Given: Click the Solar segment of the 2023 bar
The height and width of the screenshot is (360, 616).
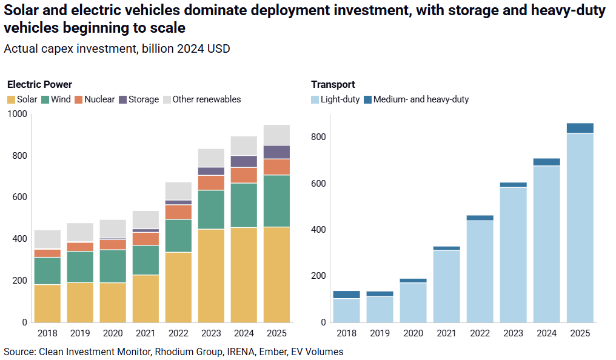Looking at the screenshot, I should click(x=212, y=275).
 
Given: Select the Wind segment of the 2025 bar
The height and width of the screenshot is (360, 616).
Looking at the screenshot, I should click(x=277, y=201).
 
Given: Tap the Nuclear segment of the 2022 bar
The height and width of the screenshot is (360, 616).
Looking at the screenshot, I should click(x=178, y=212).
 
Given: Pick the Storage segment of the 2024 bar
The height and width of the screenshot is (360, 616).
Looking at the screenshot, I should click(x=244, y=161).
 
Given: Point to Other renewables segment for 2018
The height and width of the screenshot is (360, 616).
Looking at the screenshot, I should click(x=47, y=239).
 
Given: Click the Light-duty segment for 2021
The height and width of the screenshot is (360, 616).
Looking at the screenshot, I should click(x=446, y=285).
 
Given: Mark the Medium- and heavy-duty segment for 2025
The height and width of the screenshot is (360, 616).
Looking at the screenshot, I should click(x=580, y=128).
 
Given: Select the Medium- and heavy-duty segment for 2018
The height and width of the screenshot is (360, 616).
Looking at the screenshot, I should click(x=347, y=295).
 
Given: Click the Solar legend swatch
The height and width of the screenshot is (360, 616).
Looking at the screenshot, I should click(x=11, y=99).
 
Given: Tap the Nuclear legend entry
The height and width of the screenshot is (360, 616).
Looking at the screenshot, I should click(x=94, y=99).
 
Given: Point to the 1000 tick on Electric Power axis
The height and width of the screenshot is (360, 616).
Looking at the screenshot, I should click(x=18, y=114).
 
